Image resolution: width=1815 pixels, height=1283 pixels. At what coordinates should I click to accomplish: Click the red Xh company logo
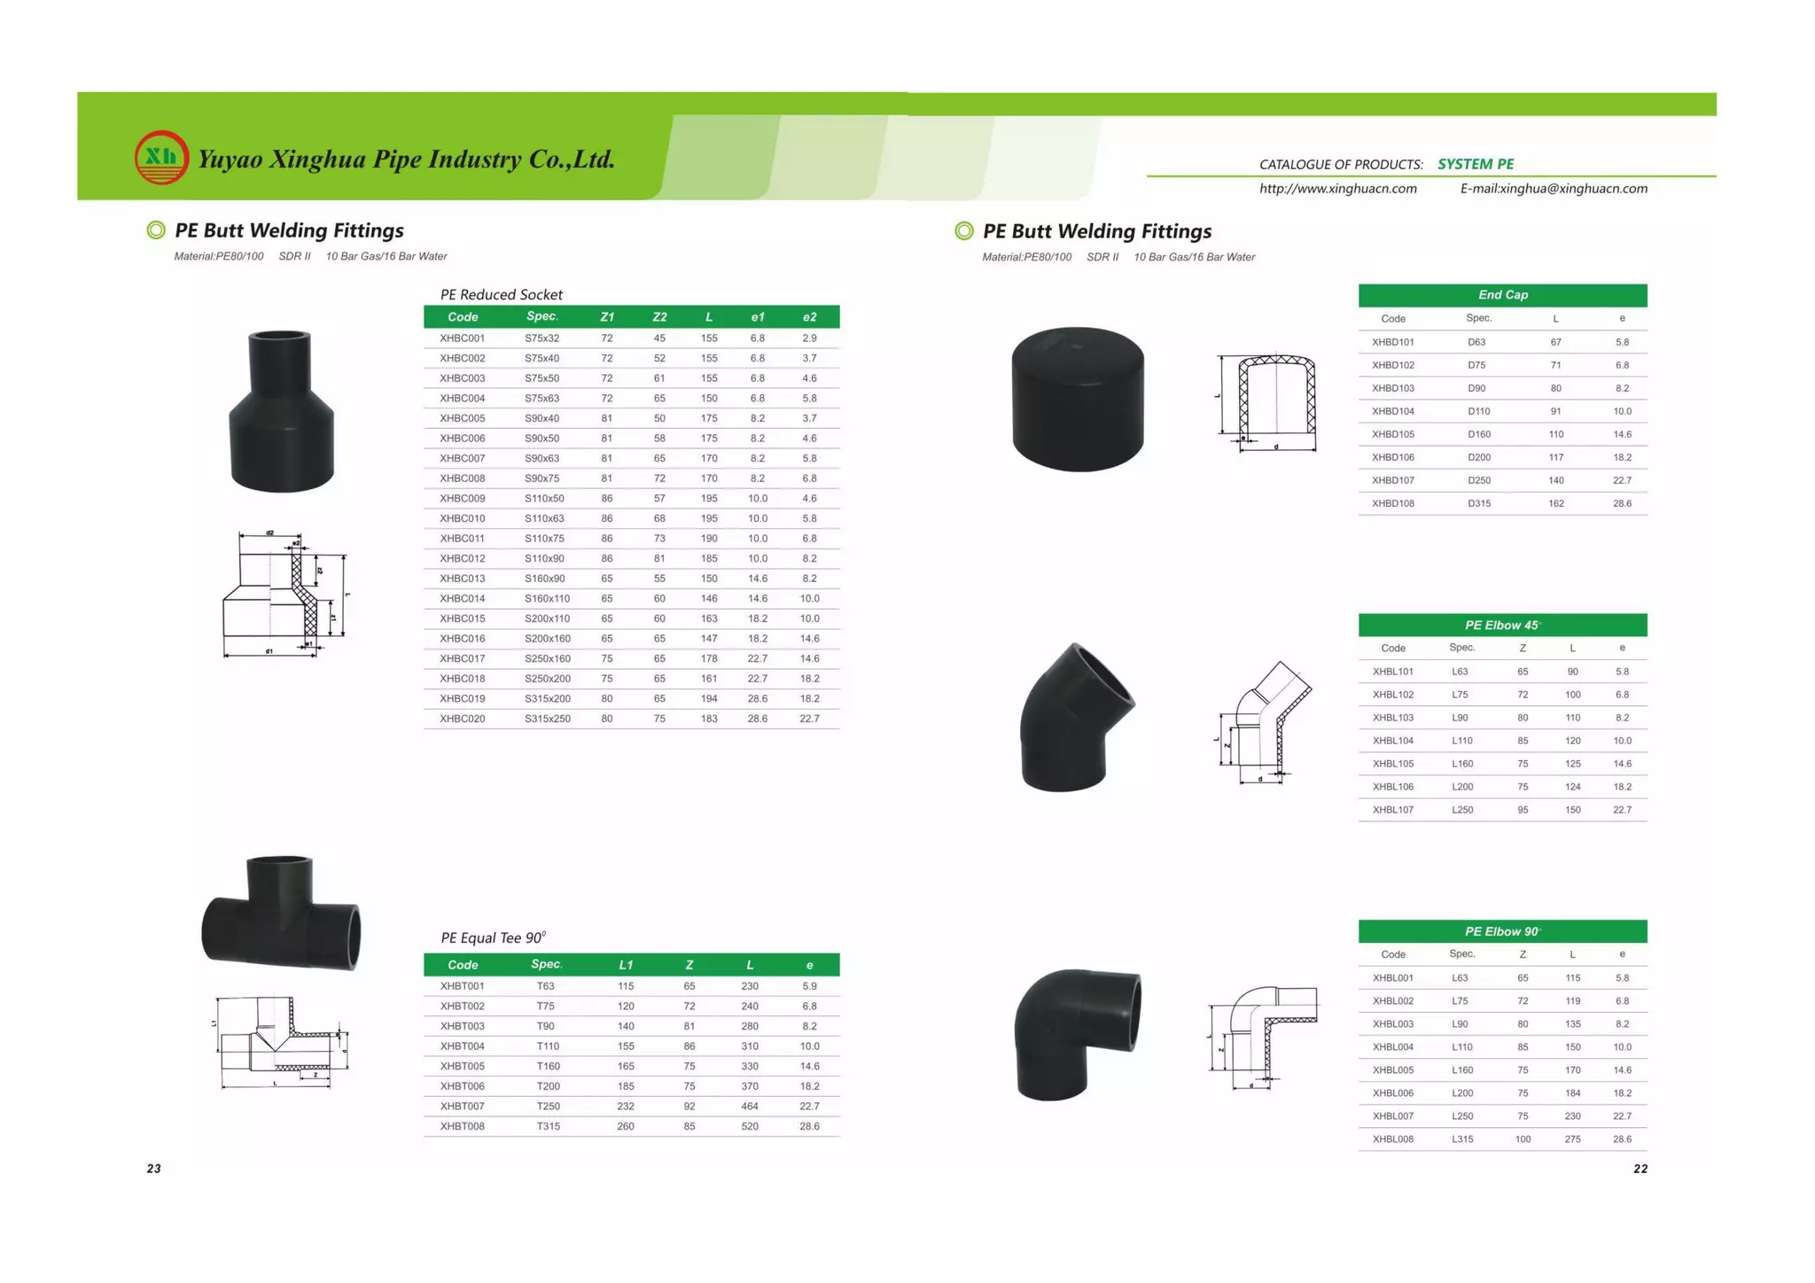[161, 158]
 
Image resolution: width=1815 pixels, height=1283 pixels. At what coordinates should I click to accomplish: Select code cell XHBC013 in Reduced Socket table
[462, 579]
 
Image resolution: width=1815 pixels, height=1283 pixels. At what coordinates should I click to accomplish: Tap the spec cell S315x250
[547, 719]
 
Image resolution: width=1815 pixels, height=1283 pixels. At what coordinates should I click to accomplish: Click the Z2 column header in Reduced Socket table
[659, 317]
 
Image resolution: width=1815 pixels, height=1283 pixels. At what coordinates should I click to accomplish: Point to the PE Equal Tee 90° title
[493, 937]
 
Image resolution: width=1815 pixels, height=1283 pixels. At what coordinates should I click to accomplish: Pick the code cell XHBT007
[462, 1107]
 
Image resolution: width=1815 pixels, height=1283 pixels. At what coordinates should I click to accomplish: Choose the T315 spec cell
[548, 1126]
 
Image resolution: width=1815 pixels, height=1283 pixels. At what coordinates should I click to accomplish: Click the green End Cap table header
[1502, 295]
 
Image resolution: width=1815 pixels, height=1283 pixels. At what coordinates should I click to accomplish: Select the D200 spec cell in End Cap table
[1478, 457]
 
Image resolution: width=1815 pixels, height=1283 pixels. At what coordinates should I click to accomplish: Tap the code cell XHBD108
[1392, 503]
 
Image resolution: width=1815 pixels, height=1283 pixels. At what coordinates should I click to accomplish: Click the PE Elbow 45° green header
[1502, 626]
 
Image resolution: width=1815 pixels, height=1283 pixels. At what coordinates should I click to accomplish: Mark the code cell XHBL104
[1392, 741]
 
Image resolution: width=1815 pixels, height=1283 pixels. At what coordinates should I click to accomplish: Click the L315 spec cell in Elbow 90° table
[1462, 1139]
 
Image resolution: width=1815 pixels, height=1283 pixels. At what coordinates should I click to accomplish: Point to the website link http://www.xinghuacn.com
[1337, 189]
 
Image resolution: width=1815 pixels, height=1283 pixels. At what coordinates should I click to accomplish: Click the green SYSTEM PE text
[1475, 164]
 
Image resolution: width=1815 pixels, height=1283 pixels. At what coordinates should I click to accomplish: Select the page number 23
[154, 1169]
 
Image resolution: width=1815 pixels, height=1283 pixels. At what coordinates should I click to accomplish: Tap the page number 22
[1640, 1169]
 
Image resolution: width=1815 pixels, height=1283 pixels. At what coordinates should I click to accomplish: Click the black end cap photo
[1078, 399]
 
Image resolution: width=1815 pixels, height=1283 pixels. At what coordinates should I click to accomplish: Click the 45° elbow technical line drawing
[1266, 723]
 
